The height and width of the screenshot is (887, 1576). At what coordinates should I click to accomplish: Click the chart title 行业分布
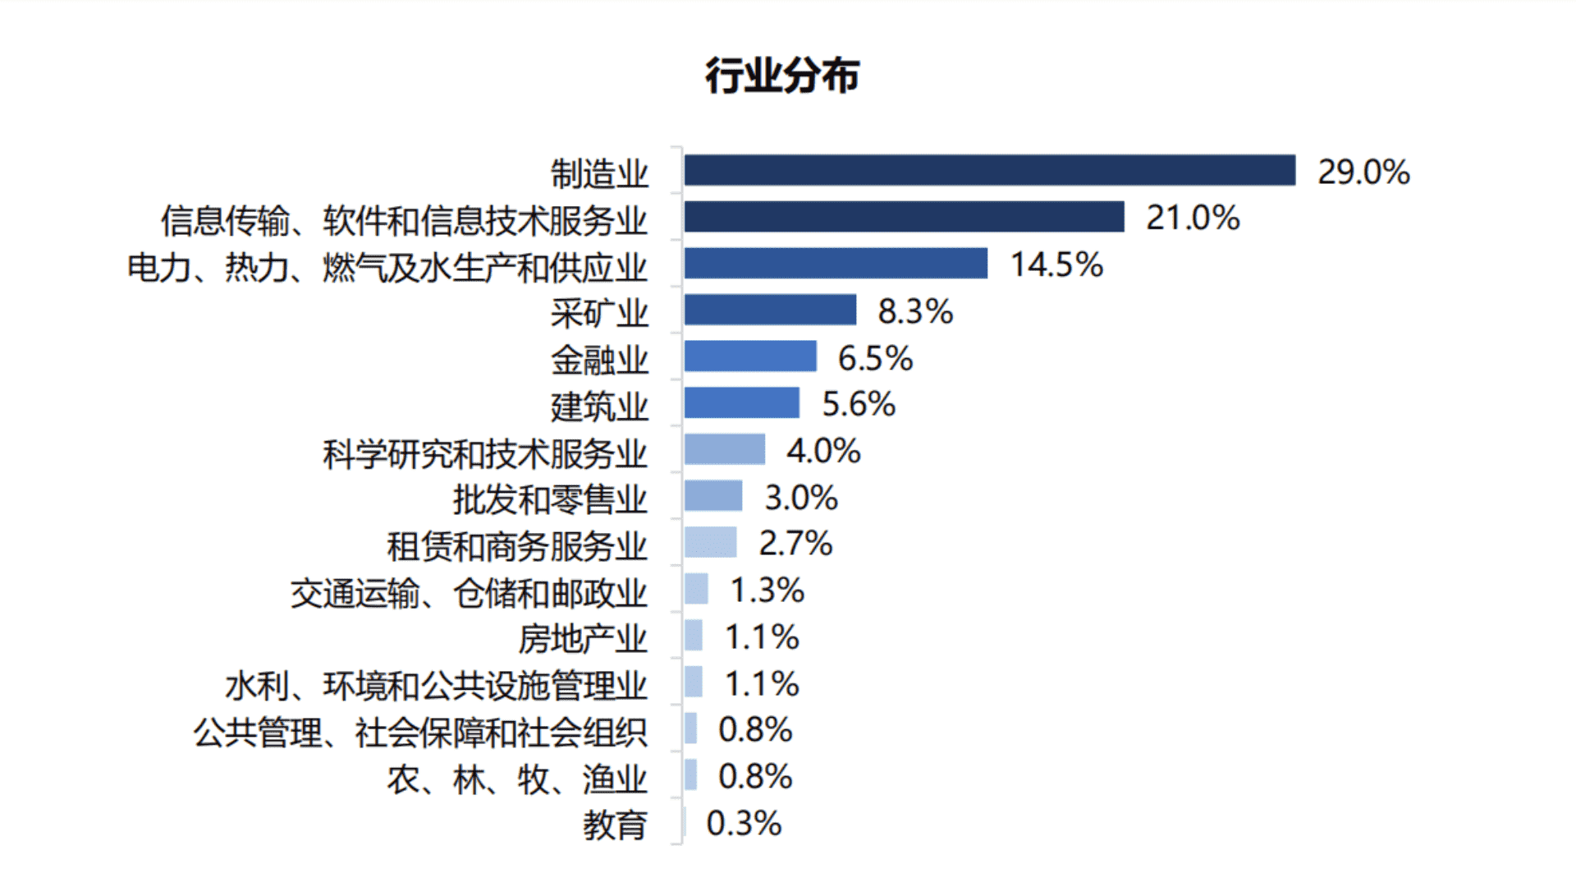[x=782, y=76]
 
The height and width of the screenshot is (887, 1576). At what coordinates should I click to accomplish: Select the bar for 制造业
[x=989, y=171]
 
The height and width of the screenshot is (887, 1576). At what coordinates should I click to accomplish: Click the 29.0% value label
[x=1363, y=172]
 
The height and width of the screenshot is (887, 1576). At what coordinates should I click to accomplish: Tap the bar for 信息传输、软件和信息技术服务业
[x=904, y=217]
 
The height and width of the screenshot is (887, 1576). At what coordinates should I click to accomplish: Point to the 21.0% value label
[x=1193, y=218]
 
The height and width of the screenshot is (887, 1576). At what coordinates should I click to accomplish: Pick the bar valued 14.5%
[x=836, y=264]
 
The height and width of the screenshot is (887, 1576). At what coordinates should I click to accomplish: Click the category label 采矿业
[x=599, y=313]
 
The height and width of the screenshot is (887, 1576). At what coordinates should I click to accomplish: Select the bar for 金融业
[x=750, y=356]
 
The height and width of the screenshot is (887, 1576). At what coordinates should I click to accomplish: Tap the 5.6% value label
[x=859, y=404]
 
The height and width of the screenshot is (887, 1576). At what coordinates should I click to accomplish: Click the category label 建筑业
[x=599, y=407]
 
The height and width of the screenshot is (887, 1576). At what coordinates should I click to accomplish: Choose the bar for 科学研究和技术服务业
[x=725, y=449]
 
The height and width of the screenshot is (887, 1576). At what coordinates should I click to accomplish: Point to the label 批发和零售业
[x=550, y=499]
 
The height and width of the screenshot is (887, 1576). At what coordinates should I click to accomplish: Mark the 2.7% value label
[x=795, y=544]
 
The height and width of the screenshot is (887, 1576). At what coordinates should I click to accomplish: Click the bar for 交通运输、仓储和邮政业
[x=696, y=589]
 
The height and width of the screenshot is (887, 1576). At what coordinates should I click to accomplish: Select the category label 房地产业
[x=583, y=639]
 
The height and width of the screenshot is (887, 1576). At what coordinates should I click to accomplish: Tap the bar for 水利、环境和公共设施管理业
[x=694, y=682]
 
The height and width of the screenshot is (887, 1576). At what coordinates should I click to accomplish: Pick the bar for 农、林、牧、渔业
[x=691, y=774]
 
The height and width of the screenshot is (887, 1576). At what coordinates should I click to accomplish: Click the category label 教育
[x=615, y=825]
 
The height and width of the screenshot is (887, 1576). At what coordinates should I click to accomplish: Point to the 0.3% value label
[x=744, y=824]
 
